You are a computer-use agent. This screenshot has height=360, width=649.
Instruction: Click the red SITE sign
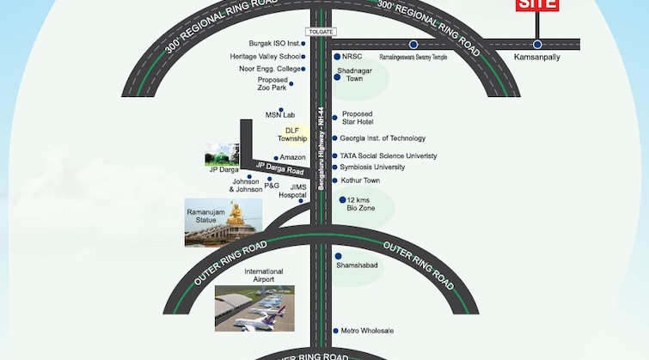tap(537, 4)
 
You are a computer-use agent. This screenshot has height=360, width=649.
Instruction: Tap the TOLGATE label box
tap(319, 32)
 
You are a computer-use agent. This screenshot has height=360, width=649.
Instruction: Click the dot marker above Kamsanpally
tap(537, 45)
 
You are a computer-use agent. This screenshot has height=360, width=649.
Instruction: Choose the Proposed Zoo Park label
tap(272, 83)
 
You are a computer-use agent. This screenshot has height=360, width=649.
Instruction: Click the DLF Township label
tap(292, 134)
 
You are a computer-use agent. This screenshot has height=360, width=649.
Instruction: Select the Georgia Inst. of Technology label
tap(383, 138)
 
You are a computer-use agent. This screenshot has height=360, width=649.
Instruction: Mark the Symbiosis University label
tap(372, 168)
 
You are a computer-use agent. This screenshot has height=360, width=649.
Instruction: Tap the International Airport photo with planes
tap(254, 308)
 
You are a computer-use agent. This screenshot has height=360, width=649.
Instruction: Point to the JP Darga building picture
tap(221, 155)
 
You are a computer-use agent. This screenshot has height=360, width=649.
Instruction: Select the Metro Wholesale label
tap(367, 331)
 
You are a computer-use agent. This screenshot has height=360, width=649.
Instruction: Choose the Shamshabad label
tap(357, 265)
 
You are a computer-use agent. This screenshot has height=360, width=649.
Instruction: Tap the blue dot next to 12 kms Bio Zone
tap(342, 200)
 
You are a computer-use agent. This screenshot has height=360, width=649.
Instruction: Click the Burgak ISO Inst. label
tap(275, 43)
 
